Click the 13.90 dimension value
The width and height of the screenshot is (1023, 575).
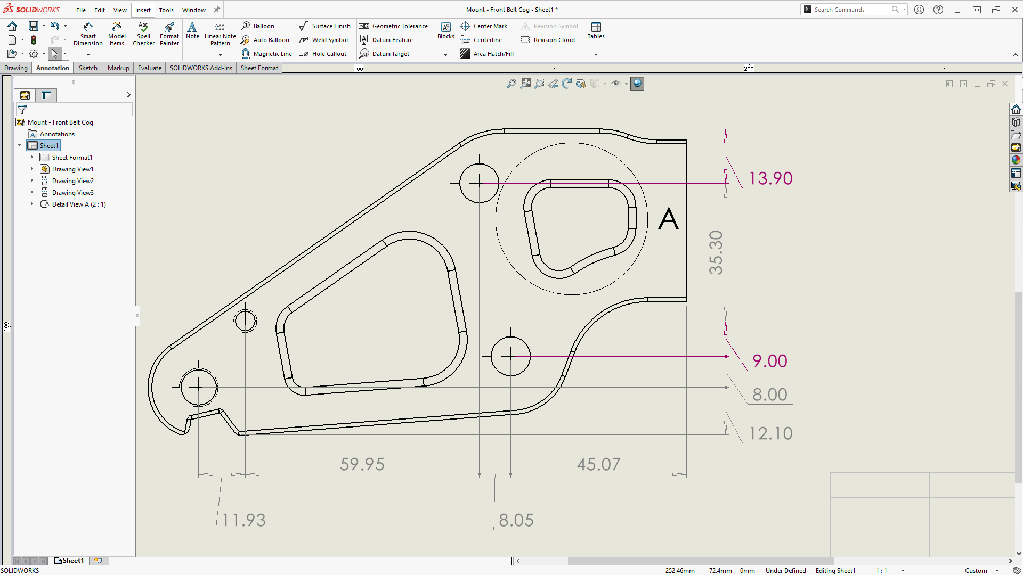[770, 178]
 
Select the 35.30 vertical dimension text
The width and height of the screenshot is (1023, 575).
[716, 252]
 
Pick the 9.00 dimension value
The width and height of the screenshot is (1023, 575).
[769, 361]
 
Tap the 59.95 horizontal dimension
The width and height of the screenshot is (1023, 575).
[362, 464]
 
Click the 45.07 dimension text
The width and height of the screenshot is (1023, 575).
[598, 464]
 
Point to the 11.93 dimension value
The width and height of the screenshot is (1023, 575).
[244, 520]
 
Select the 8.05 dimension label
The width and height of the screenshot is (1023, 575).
[516, 520]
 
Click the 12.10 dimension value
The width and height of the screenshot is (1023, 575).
[770, 433]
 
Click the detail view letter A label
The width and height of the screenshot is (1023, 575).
[668, 219]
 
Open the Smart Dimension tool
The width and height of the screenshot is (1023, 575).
[88, 34]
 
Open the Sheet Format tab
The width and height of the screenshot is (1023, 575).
[259, 68]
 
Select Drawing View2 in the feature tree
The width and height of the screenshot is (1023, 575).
[72, 181]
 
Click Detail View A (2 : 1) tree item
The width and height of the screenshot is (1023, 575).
[79, 204]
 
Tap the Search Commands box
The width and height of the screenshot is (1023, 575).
[851, 10]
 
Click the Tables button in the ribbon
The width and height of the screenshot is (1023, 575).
[596, 31]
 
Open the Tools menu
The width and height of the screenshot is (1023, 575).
[166, 10]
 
